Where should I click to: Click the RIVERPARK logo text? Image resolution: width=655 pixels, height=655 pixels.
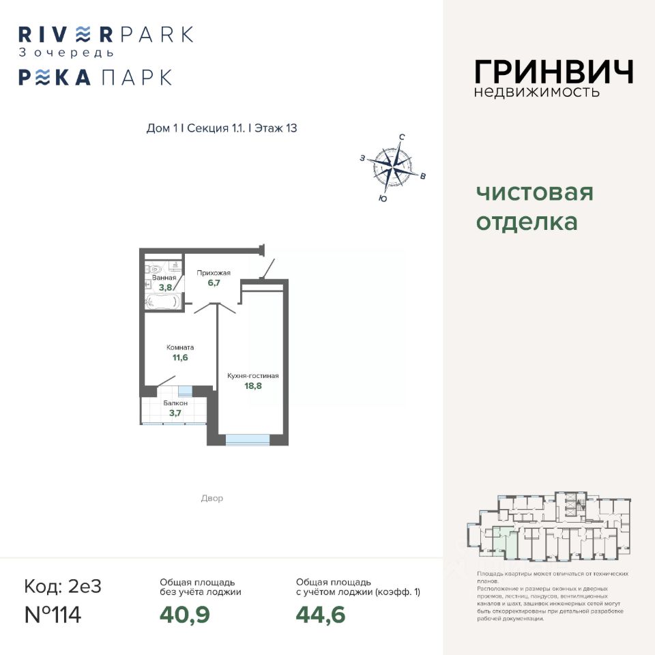106,34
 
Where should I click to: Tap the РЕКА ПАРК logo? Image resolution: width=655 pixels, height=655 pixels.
95,77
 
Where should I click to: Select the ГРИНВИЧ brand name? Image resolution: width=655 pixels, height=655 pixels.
554,72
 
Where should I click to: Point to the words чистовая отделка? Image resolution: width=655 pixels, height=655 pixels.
534,207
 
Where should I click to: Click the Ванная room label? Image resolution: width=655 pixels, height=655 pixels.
164,278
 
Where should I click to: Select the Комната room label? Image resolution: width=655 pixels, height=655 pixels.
180,347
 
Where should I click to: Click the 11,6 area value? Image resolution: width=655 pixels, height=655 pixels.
180,358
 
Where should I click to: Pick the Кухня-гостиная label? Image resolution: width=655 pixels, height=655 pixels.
253,375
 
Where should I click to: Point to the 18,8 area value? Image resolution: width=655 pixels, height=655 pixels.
253,386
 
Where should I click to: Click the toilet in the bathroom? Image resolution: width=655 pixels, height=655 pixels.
156,268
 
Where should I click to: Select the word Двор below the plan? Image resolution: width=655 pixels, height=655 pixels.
212,499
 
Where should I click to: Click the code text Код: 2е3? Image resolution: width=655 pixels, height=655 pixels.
63,586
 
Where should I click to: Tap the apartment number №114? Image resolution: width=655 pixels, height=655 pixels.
53,615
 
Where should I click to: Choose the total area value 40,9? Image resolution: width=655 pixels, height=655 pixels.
184,615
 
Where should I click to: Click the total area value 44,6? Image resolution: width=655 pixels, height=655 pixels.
321,615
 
